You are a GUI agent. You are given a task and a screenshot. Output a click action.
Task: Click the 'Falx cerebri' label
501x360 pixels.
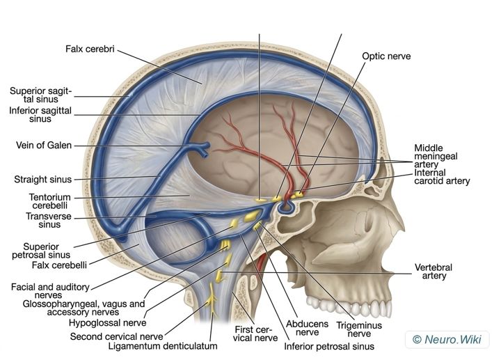click(90, 49)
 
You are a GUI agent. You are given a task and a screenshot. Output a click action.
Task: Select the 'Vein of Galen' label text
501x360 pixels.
click(44, 145)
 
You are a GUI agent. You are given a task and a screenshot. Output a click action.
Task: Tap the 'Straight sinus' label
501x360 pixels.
click(43, 180)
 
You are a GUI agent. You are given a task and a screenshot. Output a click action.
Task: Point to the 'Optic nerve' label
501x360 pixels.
click(386, 56)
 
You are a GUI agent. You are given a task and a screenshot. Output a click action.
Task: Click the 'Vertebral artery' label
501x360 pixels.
click(434, 272)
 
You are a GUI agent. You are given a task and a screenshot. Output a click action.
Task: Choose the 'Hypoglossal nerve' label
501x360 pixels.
click(108, 322)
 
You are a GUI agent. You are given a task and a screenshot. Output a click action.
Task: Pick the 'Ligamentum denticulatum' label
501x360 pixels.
click(163, 346)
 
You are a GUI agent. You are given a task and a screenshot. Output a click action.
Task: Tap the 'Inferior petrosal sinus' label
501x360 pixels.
click(329, 347)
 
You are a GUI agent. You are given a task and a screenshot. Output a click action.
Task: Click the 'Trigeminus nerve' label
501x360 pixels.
click(359, 329)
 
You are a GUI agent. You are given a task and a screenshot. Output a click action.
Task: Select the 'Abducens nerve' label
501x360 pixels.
click(307, 328)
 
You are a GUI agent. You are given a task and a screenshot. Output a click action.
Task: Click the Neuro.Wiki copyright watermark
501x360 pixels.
click(447, 339)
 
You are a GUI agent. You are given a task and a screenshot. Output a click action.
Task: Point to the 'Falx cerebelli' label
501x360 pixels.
click(59, 265)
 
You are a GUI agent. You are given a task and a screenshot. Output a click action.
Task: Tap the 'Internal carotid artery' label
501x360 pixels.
click(442, 177)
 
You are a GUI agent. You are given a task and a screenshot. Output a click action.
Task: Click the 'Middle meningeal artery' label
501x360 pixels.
click(436, 157)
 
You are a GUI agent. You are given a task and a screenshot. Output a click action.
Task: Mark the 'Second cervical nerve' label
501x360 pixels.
click(116, 336)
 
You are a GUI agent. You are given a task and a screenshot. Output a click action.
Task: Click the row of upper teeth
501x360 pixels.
click(349, 306)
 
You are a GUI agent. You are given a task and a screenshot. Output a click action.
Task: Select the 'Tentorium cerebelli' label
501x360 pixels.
click(49, 201)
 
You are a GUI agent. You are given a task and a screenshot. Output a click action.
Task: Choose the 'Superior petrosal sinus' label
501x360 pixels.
click(41, 251)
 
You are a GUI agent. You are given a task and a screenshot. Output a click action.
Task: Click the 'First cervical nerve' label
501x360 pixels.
click(255, 334)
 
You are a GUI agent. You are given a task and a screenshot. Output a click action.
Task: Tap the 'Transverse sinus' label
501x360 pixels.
click(49, 220)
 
